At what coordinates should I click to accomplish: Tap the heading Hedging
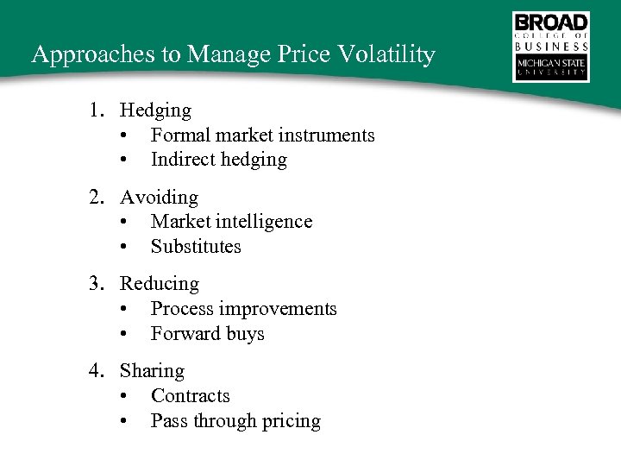[x=155, y=110]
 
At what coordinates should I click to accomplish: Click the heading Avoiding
[x=159, y=198]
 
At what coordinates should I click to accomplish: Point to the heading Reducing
[x=159, y=284]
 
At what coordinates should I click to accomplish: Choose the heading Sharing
[x=152, y=371]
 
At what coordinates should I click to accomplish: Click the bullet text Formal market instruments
[x=262, y=135]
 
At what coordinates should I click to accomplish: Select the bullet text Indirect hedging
[x=218, y=160]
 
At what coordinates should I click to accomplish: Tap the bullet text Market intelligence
[x=231, y=222]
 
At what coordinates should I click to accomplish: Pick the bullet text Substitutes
[x=196, y=247]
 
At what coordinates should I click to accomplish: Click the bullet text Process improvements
[x=243, y=309]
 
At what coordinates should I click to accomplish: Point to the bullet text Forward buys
[x=207, y=334]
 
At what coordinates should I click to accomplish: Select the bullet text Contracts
[x=190, y=396]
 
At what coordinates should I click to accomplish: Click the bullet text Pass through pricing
[x=235, y=421]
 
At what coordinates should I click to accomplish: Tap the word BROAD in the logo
[x=551, y=22]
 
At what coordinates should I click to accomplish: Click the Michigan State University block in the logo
[x=551, y=68]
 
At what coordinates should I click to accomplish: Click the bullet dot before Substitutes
[x=126, y=248]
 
